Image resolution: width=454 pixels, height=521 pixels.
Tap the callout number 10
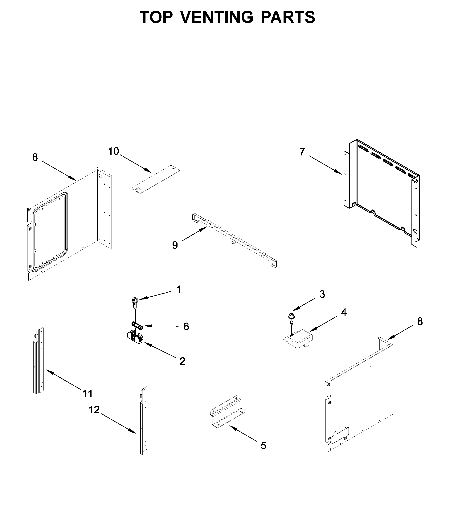(113, 151)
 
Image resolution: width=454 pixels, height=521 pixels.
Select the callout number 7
(302, 152)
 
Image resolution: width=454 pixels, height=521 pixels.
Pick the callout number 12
(94, 410)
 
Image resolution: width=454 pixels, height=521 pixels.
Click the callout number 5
(264, 446)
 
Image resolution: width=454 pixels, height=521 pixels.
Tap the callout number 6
(186, 327)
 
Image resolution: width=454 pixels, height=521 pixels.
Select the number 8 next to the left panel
(35, 157)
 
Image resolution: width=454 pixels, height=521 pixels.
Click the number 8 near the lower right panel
(420, 322)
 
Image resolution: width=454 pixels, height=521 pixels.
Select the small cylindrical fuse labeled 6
(137, 325)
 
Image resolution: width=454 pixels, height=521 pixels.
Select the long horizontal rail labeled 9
(234, 240)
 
